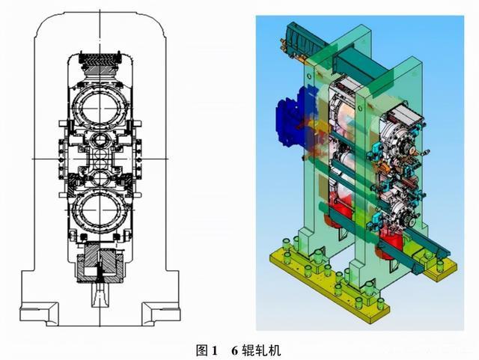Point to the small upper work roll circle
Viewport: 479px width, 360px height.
(x=99, y=143)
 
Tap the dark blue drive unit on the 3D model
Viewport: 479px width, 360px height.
(x=288, y=123)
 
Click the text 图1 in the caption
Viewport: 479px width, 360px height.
(x=206, y=350)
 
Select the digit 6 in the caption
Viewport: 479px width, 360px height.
(x=234, y=350)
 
